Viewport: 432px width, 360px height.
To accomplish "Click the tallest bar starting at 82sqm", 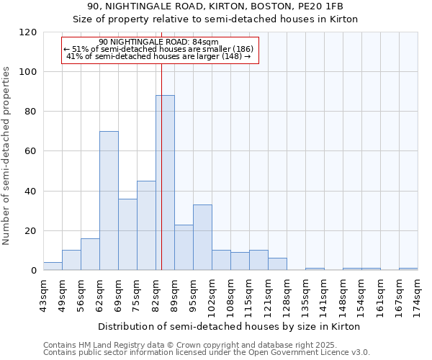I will [x=165, y=183].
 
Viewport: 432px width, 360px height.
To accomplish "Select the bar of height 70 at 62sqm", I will [x=109, y=201].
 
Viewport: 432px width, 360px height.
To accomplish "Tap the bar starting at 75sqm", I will [x=146, y=225].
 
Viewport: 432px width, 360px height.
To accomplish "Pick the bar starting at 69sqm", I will [x=127, y=235].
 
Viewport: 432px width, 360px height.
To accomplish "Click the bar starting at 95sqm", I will [x=202, y=238].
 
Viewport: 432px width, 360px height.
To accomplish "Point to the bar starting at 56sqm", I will [x=90, y=254].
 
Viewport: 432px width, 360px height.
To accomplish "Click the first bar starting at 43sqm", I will [x=53, y=266].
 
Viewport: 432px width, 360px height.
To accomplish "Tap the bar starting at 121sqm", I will [x=277, y=264].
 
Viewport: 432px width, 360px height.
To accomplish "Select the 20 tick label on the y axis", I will [x=32, y=231].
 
